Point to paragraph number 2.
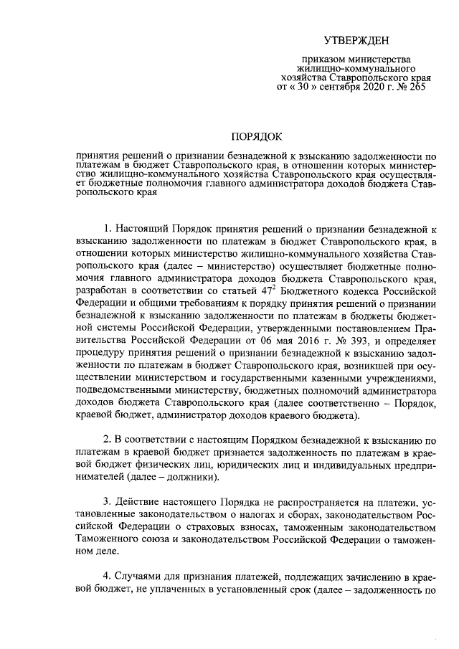107,440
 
